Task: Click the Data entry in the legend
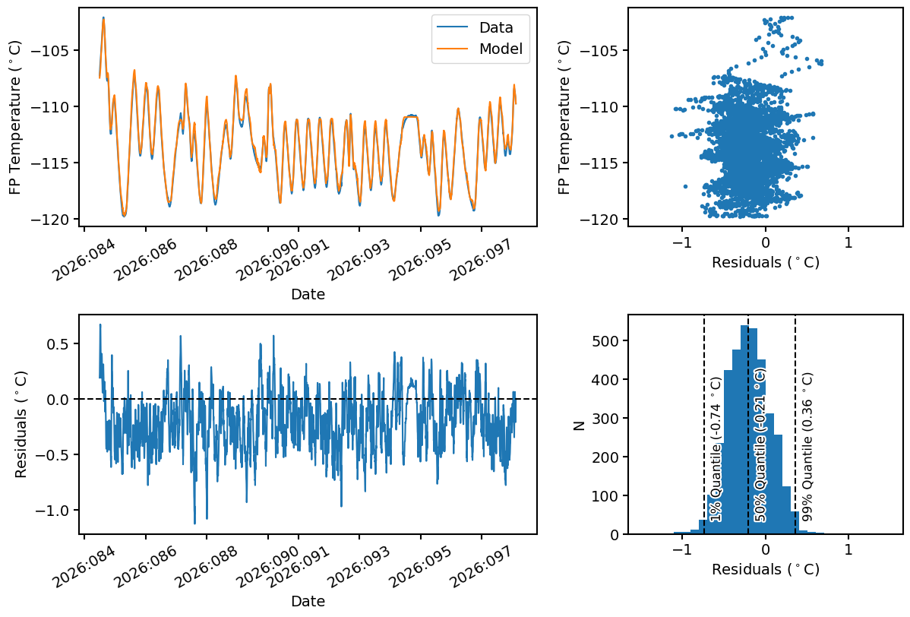click(495, 28)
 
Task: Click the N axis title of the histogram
click(580, 425)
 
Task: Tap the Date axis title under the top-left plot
click(308, 294)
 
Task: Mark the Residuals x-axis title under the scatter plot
click(766, 263)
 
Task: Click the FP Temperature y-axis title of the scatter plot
click(564, 117)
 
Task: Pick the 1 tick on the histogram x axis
click(848, 549)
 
